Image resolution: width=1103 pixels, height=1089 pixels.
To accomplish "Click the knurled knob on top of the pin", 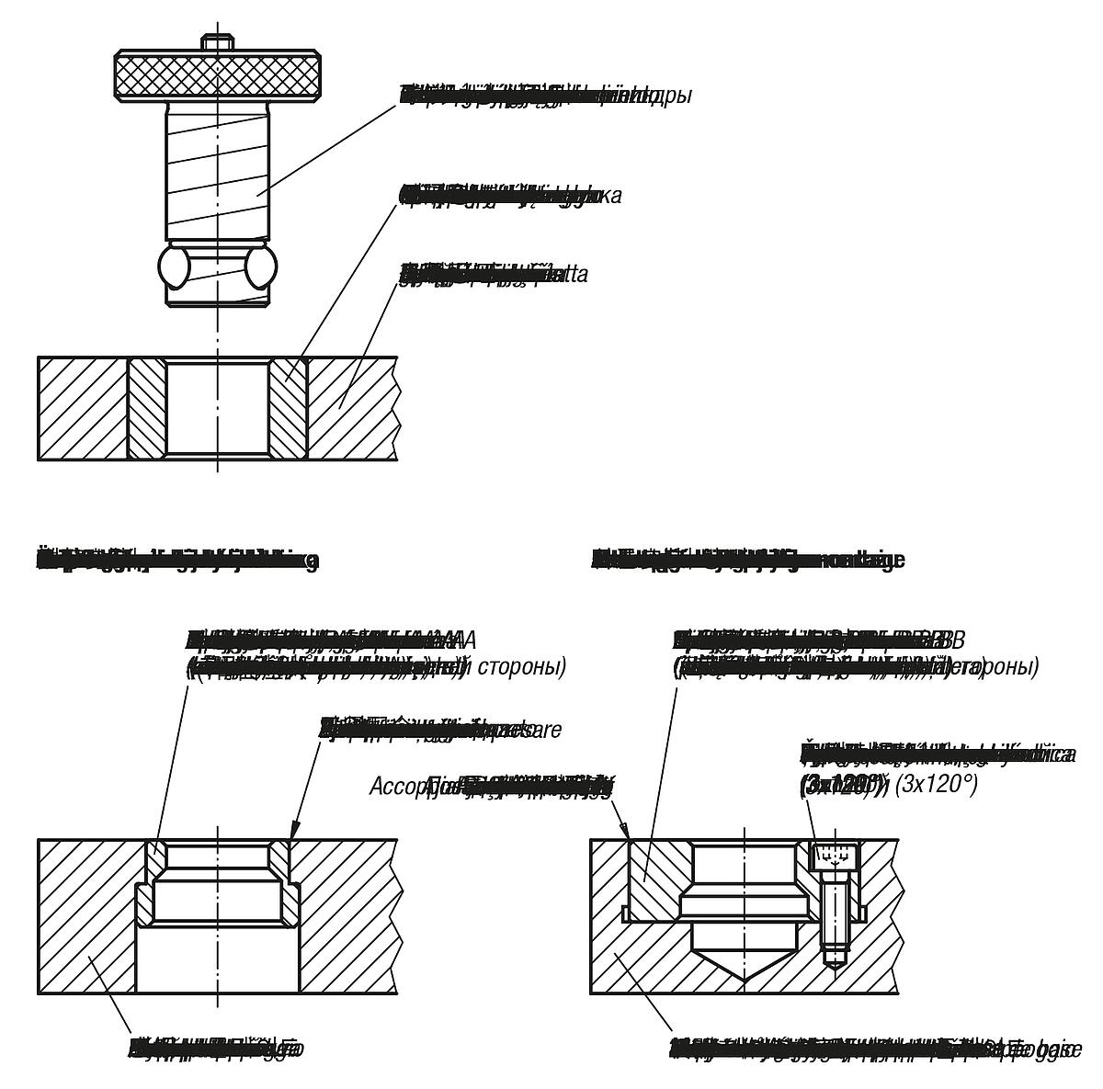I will (x=217, y=75).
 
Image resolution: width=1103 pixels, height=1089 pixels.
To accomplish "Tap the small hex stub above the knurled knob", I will (x=217, y=43).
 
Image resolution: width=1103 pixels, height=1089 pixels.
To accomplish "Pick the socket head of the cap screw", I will (x=836, y=856).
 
